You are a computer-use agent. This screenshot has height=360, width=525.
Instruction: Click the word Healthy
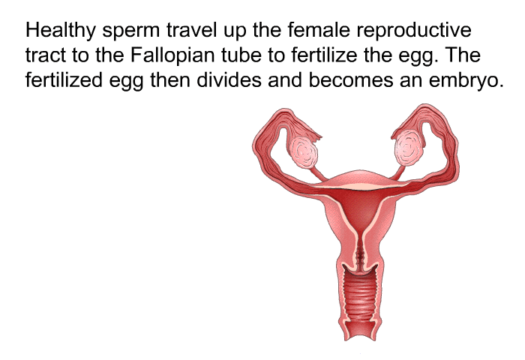60,31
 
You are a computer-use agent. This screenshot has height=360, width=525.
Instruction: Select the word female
319,29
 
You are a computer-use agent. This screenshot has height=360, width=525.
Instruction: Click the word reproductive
414,31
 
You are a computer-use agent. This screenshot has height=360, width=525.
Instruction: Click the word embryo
466,82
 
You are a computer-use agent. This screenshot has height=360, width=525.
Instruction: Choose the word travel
191,30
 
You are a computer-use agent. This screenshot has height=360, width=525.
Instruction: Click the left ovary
303,153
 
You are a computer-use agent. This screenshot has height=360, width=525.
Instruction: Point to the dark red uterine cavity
361,209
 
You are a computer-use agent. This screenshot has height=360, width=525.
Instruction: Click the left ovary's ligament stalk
319,173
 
